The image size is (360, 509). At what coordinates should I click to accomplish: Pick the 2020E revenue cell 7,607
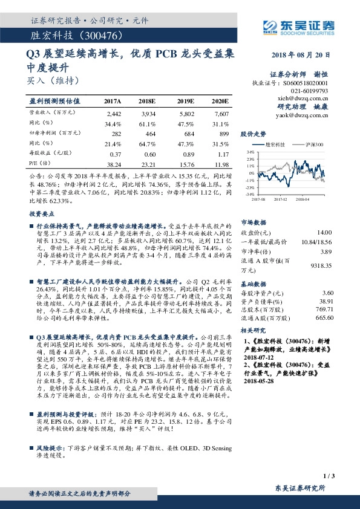221,114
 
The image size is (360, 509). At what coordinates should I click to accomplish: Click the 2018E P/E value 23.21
148,164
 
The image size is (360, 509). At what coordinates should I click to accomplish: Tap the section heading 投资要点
40,214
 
